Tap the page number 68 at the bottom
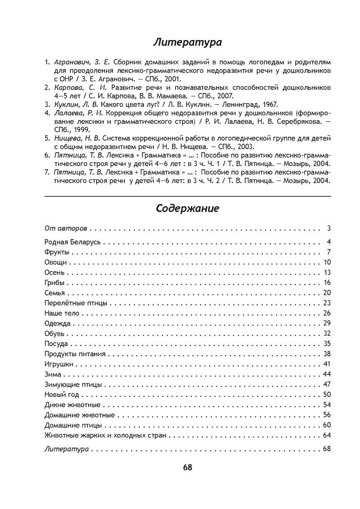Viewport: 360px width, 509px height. (187, 467)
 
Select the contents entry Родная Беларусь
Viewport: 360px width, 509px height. (72, 242)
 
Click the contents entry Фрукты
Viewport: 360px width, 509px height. (57, 252)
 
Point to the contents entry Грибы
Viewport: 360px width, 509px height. (55, 282)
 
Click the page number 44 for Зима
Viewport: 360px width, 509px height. (326, 374)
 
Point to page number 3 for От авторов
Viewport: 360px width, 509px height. (328, 227)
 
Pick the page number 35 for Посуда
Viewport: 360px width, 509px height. (326, 343)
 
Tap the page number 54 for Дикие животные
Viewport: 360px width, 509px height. (326, 405)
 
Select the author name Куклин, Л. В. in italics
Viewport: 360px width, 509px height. (74, 103)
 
